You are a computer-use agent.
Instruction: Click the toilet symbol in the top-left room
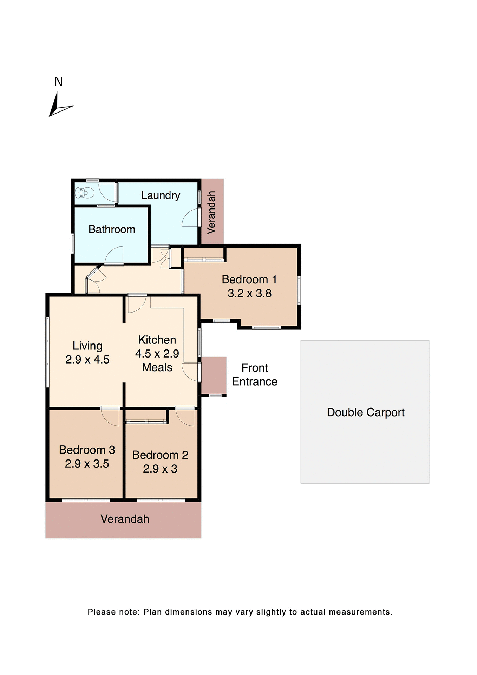click(85, 193)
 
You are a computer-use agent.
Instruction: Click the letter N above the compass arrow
click(58, 82)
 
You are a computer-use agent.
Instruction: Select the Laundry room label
click(161, 195)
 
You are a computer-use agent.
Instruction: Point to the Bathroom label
click(112, 229)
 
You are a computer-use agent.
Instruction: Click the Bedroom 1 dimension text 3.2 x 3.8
click(249, 293)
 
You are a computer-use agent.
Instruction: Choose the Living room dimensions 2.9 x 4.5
click(87, 360)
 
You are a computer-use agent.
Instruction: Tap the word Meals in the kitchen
click(157, 367)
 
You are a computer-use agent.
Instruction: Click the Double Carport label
click(365, 412)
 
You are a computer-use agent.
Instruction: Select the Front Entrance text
click(254, 375)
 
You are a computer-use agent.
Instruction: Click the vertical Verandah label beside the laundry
click(211, 212)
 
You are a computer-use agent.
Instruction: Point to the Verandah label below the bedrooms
click(125, 519)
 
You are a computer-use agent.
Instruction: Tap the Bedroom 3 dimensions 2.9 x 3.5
click(87, 464)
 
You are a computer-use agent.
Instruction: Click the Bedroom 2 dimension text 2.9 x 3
click(160, 469)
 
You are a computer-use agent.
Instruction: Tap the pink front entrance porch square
click(214, 375)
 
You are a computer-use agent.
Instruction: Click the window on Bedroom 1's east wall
click(299, 290)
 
